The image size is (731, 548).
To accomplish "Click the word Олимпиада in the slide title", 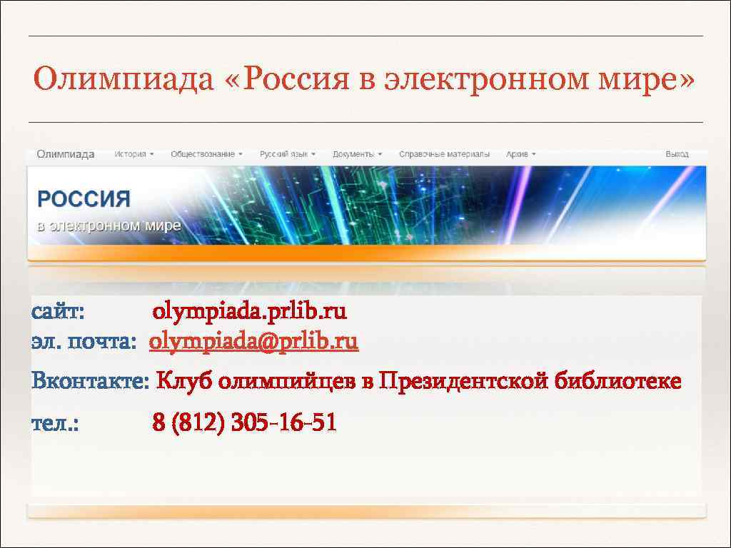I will [123, 79].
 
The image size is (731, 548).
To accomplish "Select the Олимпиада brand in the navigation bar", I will [66, 154].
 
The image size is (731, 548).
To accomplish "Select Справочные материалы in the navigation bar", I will [444, 154].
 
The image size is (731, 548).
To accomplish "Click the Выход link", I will [677, 154].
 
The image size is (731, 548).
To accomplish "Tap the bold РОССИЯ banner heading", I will [84, 199].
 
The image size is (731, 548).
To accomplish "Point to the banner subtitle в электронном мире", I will [109, 225].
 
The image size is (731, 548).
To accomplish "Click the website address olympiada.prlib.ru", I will [250, 312].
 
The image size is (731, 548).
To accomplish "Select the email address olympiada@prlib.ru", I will [253, 342].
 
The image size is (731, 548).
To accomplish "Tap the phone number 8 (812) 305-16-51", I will [244, 423].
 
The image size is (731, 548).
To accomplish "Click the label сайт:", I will [58, 312].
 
